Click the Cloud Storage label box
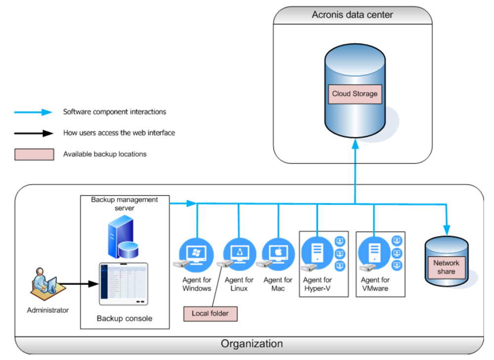tap(355, 94)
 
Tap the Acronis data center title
tap(352, 15)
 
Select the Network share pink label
tap(446, 267)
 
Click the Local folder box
tap(210, 314)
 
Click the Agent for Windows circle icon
tap(196, 254)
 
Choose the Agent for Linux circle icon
tap(240, 254)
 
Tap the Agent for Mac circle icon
tap(279, 254)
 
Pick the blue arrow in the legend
tap(33, 112)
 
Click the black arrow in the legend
tap(34, 133)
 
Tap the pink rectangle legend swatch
tap(34, 155)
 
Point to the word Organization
tap(252, 344)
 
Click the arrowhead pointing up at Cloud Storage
tap(355, 144)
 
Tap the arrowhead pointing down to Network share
tap(447, 230)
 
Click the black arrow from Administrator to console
tap(78, 284)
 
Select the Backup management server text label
tap(124, 204)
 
